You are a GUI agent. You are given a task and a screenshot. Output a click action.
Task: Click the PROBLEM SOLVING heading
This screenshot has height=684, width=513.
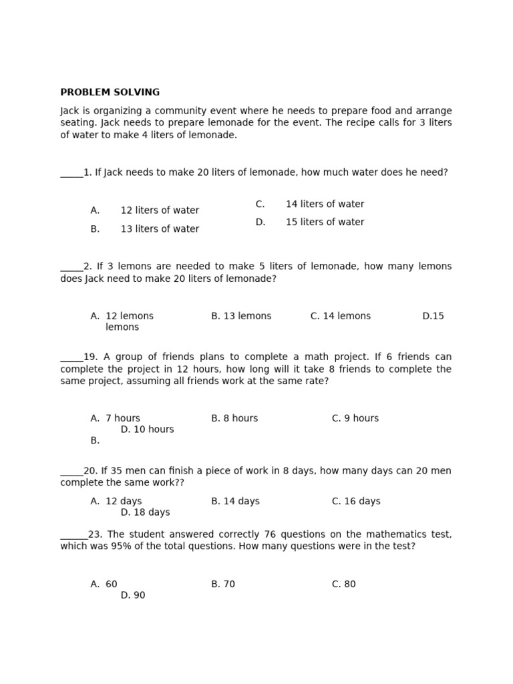pyautogui.click(x=110, y=92)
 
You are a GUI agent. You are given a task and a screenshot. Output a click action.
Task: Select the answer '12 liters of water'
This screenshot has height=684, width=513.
pyautogui.click(x=160, y=210)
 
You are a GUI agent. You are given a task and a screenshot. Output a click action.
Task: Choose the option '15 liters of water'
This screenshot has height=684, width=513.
pyautogui.click(x=325, y=222)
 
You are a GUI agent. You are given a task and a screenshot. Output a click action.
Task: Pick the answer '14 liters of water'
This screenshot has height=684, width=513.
pyautogui.click(x=325, y=204)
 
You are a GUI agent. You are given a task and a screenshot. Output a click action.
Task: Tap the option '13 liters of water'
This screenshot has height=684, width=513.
pyautogui.click(x=160, y=229)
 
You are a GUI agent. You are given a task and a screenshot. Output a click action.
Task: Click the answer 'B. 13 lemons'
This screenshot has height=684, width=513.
pyautogui.click(x=241, y=316)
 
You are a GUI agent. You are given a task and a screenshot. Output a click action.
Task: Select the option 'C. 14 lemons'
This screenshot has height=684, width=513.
pyautogui.click(x=340, y=316)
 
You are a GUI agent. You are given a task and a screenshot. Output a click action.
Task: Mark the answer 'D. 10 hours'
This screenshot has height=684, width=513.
pyautogui.click(x=147, y=430)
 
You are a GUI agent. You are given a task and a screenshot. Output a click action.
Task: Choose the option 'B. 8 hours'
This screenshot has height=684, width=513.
pyautogui.click(x=234, y=418)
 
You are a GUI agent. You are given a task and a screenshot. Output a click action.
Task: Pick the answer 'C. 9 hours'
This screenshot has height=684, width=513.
pyautogui.click(x=355, y=418)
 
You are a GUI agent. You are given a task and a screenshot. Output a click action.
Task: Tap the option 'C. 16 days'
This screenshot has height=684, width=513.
pyautogui.click(x=356, y=501)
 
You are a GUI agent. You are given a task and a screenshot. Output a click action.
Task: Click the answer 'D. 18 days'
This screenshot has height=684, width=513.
pyautogui.click(x=145, y=512)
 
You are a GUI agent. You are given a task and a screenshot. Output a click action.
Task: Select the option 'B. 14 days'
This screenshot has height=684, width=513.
pyautogui.click(x=235, y=501)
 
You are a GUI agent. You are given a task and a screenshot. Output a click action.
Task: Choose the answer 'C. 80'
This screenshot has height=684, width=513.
pyautogui.click(x=343, y=584)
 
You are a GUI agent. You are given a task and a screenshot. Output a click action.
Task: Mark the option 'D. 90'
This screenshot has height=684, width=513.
pyautogui.click(x=132, y=595)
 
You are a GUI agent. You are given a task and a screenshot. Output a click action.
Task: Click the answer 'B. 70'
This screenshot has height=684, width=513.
pyautogui.click(x=223, y=584)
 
